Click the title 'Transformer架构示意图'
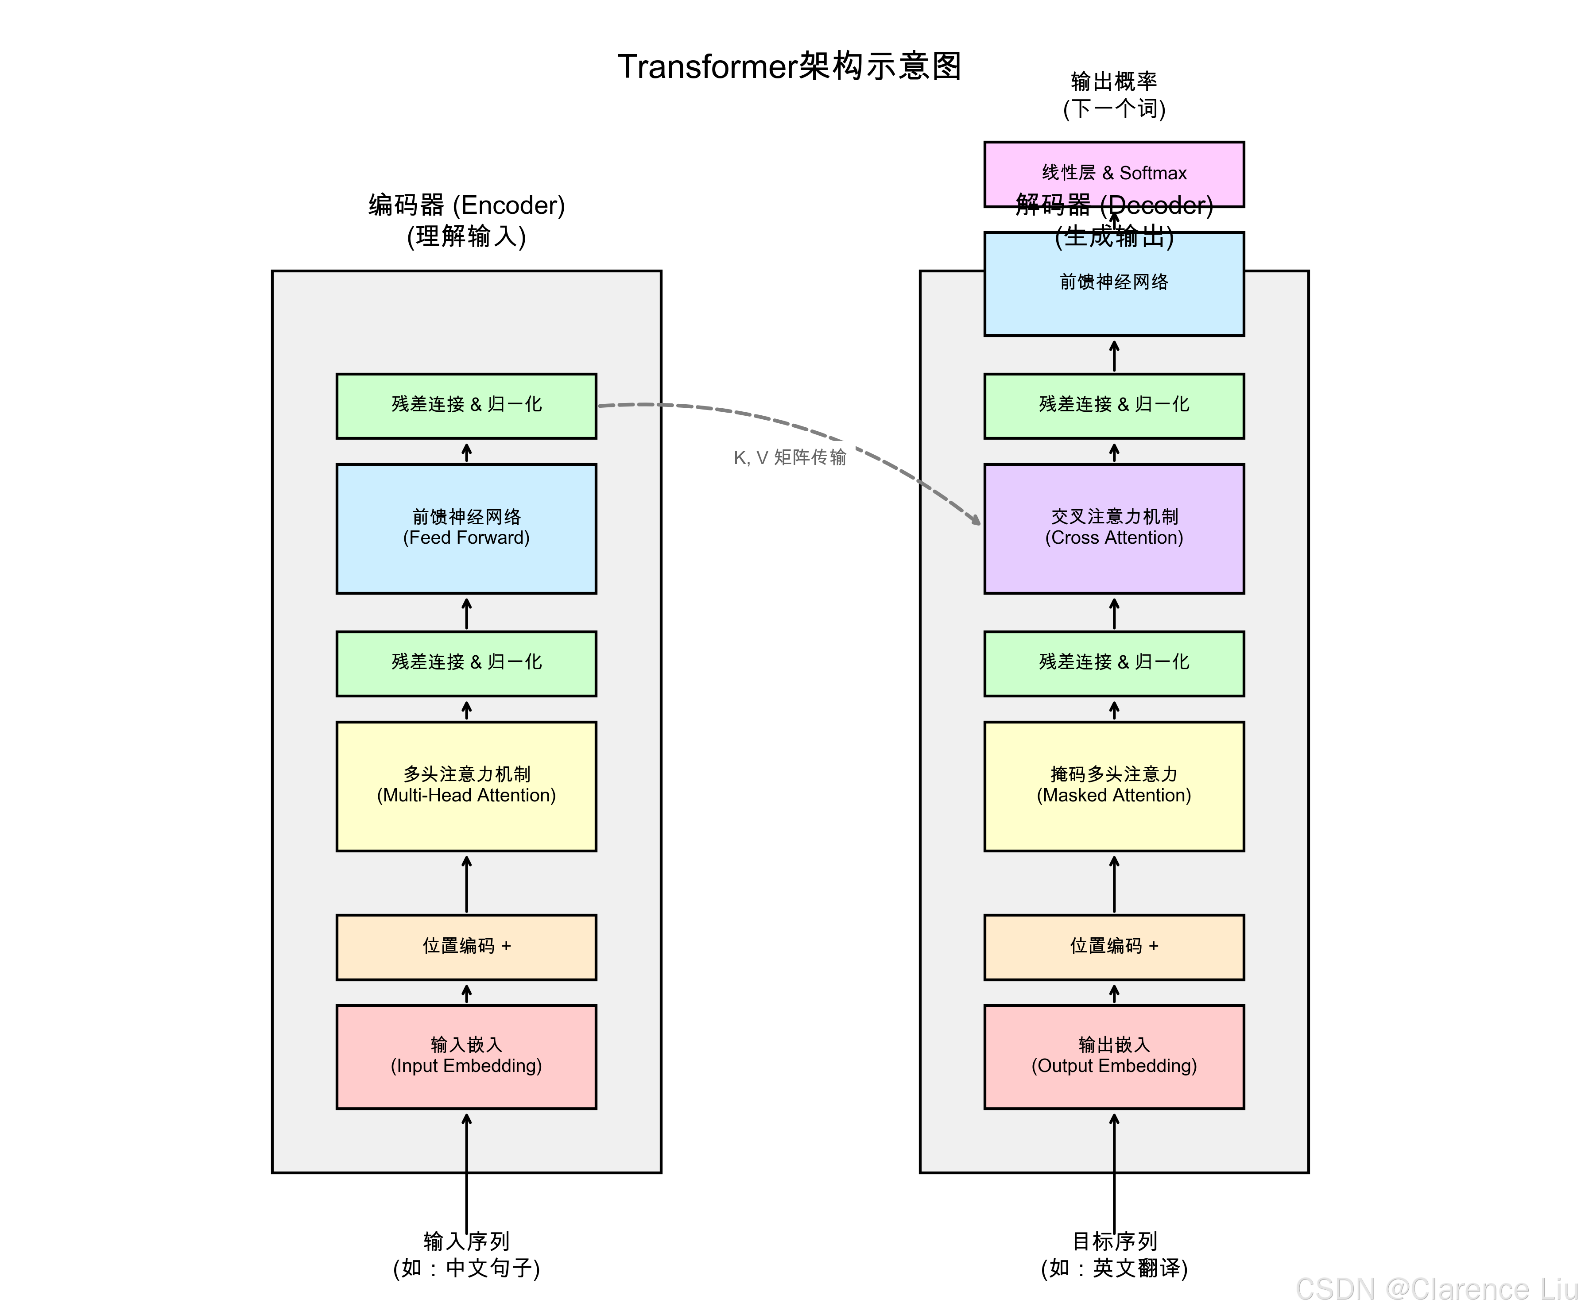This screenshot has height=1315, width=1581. pos(790,66)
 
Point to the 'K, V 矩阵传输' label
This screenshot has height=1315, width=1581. pos(790,457)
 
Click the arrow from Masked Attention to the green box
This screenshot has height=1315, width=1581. pos(1114,710)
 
